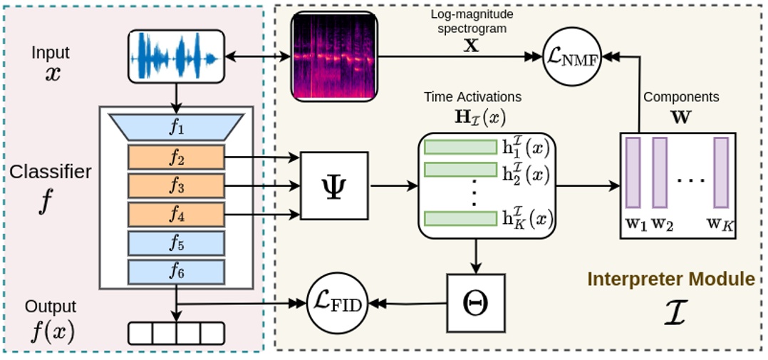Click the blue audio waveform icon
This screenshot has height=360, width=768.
point(175,56)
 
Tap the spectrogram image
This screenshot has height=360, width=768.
point(333,55)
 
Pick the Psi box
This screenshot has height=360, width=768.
point(334,185)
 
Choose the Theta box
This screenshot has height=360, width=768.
point(475,303)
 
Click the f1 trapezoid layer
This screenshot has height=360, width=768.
point(176,128)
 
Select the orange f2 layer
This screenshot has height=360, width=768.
point(176,158)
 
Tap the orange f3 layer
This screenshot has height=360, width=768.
point(176,185)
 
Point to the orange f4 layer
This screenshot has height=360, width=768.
point(176,214)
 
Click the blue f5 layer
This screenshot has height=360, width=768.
point(176,244)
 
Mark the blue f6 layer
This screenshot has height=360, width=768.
point(176,272)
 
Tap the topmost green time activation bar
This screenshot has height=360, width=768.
point(460,148)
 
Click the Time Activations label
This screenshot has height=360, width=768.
point(472,96)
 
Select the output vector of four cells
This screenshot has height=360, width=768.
point(176,333)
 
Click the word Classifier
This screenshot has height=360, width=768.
point(51,172)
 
